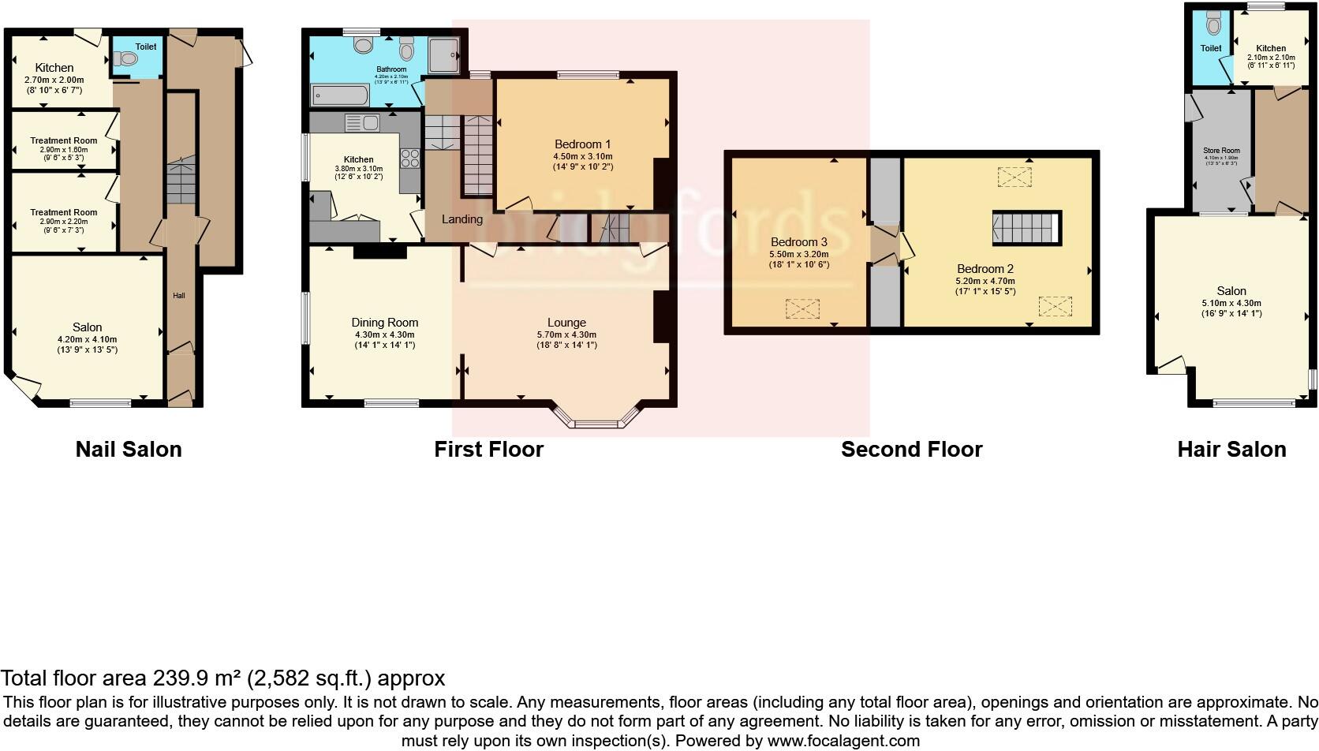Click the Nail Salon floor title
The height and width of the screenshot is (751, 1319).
pos(129,450)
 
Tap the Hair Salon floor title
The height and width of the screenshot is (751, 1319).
pos(1231,450)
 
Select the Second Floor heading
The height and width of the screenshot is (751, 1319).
pos(911,450)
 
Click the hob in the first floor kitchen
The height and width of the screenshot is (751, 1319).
pos(410,159)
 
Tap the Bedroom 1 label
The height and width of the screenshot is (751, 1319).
pos(582,144)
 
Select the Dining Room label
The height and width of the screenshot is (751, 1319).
pos(384,323)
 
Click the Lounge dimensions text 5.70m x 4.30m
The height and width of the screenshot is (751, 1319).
pos(566,334)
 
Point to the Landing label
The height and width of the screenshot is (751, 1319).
pos(461,219)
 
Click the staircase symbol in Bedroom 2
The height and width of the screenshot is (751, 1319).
pos(1025,228)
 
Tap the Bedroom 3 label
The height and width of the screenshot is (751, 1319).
pos(799,242)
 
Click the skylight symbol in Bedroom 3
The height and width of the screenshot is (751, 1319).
pos(802,308)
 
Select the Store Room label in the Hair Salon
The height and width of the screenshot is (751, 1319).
pos(1220,151)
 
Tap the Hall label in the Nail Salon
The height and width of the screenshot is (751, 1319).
pos(179,296)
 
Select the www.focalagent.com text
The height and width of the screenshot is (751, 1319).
pos(843,741)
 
